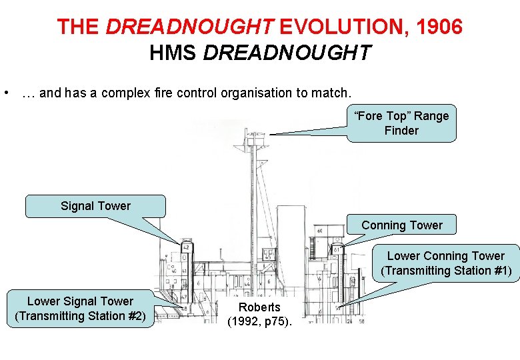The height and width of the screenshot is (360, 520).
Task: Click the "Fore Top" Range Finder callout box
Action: pyautogui.click(x=401, y=123)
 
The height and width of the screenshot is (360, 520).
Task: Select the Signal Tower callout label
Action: pyautogui.click(x=95, y=206)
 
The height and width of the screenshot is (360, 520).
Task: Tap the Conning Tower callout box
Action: pyautogui.click(x=401, y=225)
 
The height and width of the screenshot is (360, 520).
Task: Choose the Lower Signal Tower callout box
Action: pyautogui.click(x=80, y=309)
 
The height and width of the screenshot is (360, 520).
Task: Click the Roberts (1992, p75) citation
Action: pyautogui.click(x=260, y=315)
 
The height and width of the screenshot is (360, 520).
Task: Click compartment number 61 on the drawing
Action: pyautogui.click(x=337, y=251)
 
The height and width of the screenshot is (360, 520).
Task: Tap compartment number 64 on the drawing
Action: pyautogui.click(x=319, y=231)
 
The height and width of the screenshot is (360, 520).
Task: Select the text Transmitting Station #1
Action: pyautogui.click(x=446, y=271)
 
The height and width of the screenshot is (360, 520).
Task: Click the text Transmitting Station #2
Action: pyautogui.click(x=80, y=316)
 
